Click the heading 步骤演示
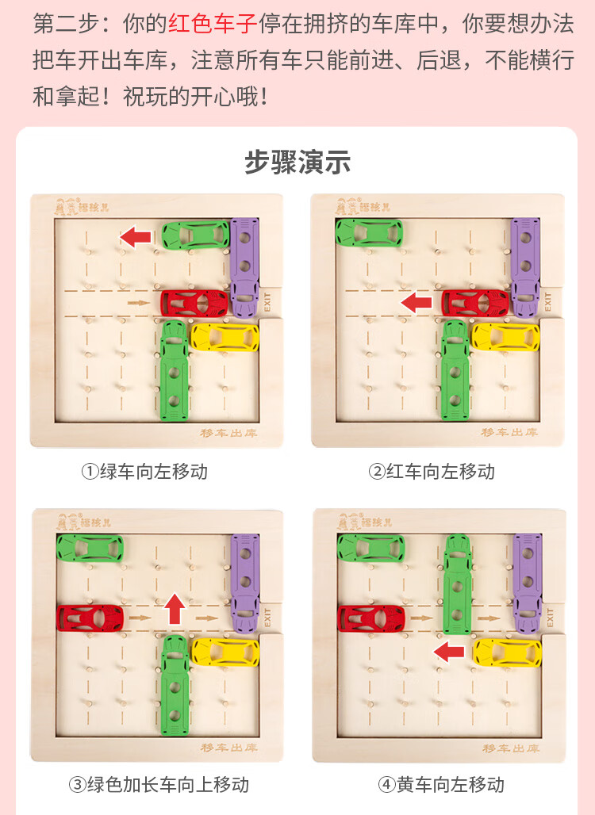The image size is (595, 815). click(297, 163)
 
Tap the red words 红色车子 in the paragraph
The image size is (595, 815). click(213, 24)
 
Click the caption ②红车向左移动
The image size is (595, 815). click(432, 472)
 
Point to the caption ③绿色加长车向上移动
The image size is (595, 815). click(159, 785)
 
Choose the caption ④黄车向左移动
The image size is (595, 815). click(441, 785)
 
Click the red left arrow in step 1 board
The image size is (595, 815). click(136, 235)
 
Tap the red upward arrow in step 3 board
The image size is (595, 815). click(175, 609)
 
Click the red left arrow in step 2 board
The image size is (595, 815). click(416, 302)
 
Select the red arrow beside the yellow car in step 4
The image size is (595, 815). click(451, 652)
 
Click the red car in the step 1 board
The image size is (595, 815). click(195, 302)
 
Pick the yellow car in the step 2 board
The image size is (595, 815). click(506, 336)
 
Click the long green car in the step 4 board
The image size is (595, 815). click(457, 584)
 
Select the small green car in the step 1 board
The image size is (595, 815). click(195, 235)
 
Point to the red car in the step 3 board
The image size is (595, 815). click(90, 618)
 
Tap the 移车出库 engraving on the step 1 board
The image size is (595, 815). click(228, 433)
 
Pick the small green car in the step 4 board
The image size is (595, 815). click(370, 548)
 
